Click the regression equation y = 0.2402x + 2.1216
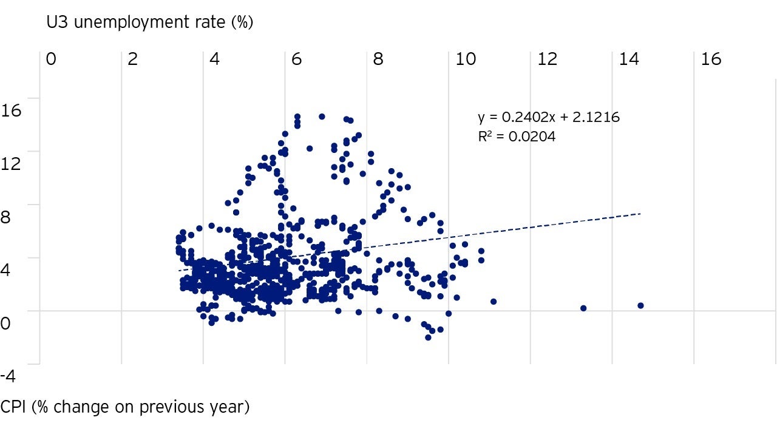pyautogui.click(x=549, y=117)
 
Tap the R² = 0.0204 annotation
pyautogui.click(x=517, y=137)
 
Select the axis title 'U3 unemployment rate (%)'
pyautogui.click(x=150, y=23)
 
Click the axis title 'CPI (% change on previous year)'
pyautogui.click(x=125, y=407)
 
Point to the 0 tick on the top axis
pyautogui.click(x=51, y=59)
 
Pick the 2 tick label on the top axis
pyautogui.click(x=133, y=59)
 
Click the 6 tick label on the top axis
pyautogui.click(x=296, y=59)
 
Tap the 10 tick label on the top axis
pyautogui.click(x=465, y=59)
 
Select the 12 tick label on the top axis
pyautogui.click(x=547, y=59)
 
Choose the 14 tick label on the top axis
pyautogui.click(x=629, y=59)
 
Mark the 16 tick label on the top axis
pyautogui.click(x=711, y=59)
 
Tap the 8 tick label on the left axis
pyautogui.click(x=5, y=217)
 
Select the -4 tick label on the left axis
pyautogui.click(x=8, y=376)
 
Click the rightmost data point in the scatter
pyautogui.click(x=640, y=305)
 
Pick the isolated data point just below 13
pyautogui.click(x=583, y=308)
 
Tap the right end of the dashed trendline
pyautogui.click(x=640, y=214)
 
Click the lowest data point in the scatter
pyautogui.click(x=428, y=337)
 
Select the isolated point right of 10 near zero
pyautogui.click(x=494, y=301)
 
